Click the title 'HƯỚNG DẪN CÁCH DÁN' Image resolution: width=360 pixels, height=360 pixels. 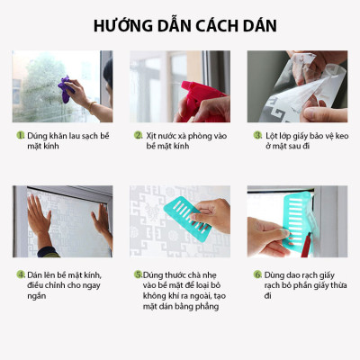[x=179, y=24]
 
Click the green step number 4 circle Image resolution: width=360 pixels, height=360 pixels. [x=20, y=274]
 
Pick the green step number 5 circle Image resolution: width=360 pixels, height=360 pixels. [x=138, y=274]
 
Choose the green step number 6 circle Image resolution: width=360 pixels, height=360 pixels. [x=257, y=274]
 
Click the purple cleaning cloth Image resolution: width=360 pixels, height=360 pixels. [x=66, y=87]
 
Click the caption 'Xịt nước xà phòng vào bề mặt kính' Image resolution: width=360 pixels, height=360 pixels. [x=184, y=140]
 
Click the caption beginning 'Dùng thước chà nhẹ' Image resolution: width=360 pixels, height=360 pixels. [x=184, y=290]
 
